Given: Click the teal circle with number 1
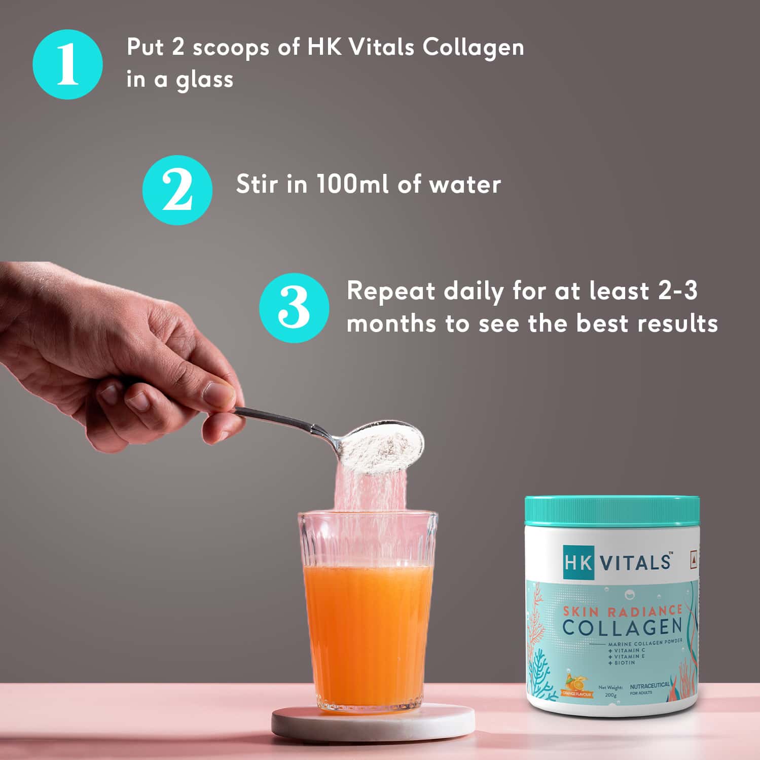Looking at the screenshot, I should click(x=67, y=64).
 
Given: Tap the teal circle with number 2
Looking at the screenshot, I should click(x=177, y=190).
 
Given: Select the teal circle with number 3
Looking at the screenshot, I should click(x=294, y=308).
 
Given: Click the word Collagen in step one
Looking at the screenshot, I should click(x=473, y=48).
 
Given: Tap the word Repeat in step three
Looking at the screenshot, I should click(x=390, y=292).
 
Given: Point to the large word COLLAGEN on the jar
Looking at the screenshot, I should click(x=622, y=627).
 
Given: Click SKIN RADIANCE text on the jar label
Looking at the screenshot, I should click(x=623, y=610).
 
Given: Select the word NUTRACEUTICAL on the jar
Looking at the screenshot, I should click(x=649, y=685).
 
